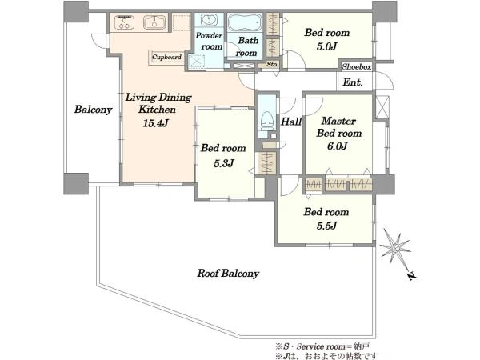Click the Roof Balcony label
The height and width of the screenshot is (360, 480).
point(228,273)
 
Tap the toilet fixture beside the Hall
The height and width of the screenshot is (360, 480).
point(266,120)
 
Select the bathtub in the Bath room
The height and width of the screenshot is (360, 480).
point(245,22)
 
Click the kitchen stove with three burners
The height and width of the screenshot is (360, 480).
point(125,22)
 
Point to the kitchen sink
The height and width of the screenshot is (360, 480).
point(154,22)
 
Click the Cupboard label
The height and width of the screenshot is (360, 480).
point(167,58)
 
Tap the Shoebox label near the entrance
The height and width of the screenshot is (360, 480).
point(357,66)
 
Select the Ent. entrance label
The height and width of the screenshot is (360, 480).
point(353,82)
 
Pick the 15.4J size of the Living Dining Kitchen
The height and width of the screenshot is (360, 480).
point(156,123)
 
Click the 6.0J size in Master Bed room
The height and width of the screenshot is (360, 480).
point(338,146)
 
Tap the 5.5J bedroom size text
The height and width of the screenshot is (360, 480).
point(327,226)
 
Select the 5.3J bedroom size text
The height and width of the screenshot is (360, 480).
point(224,163)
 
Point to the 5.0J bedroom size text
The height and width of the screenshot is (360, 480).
point(327,46)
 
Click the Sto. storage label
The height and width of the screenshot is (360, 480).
point(272,64)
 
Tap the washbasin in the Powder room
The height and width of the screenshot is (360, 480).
point(210,21)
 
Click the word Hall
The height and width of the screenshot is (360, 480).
point(291,122)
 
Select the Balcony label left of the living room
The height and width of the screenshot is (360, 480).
point(93,110)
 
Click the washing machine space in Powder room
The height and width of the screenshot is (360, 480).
point(196,61)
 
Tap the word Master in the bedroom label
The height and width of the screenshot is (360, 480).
point(338,121)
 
